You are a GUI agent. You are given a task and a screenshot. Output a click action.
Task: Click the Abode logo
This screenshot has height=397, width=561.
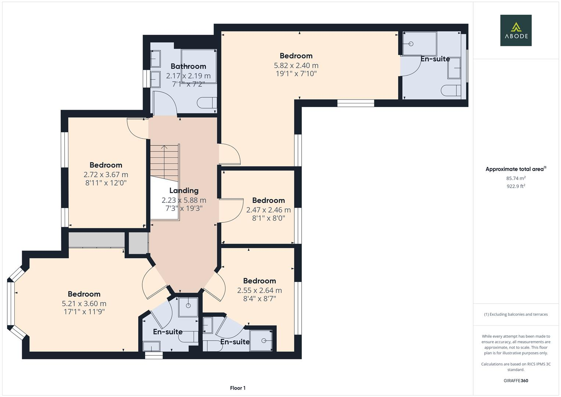coord(515,30)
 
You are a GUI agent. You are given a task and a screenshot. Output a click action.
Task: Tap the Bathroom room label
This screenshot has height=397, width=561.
coord(188,66)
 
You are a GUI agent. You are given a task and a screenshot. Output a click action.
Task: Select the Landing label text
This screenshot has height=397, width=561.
coord(184,190)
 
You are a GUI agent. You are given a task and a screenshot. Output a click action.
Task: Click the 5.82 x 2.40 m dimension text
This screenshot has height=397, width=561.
coord(296,65)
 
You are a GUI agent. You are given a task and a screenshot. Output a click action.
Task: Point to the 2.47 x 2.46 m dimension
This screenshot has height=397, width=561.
coord(268,210)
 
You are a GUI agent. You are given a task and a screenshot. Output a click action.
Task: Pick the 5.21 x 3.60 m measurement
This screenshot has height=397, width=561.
coord(84,304)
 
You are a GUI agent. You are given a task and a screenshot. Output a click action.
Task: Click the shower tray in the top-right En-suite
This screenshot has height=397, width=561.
coord(419,44)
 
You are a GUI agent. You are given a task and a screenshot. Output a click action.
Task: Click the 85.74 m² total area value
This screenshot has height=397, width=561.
coord(515,178)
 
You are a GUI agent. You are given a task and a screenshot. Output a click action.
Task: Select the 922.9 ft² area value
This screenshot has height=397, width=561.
coord(515,186)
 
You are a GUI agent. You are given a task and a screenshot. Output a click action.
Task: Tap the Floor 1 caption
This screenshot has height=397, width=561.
coord(238,388)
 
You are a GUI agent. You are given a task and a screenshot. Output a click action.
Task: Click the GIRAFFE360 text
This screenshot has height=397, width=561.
coord(515,380)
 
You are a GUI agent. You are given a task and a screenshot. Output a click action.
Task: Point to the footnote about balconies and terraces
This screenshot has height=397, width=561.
coord(515,314)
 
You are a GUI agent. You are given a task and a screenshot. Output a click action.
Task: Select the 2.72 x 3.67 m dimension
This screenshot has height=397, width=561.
coord(106,175)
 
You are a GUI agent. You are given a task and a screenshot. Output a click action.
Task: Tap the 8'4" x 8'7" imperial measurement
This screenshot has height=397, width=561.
coord(259,298)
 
